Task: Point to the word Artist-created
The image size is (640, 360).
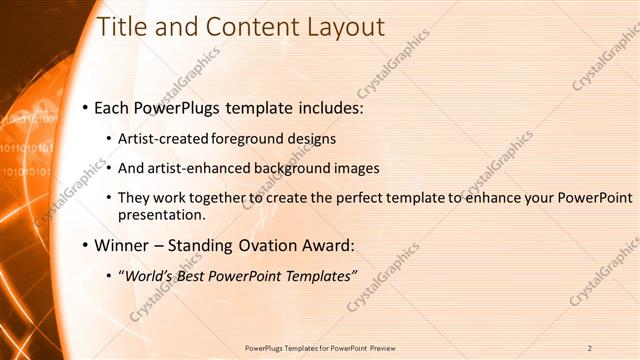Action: [159, 138]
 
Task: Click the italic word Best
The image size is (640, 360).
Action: [193, 276]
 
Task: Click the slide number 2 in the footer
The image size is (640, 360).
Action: [590, 347]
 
